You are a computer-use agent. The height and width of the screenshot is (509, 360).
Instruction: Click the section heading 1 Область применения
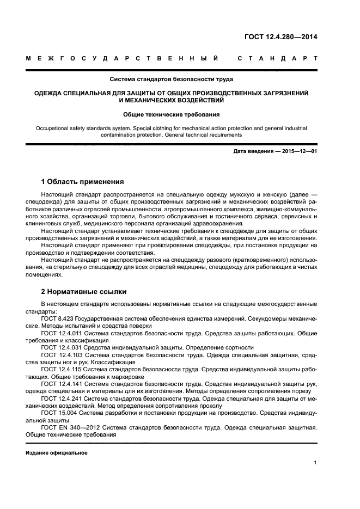pyautogui.click(x=82, y=181)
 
